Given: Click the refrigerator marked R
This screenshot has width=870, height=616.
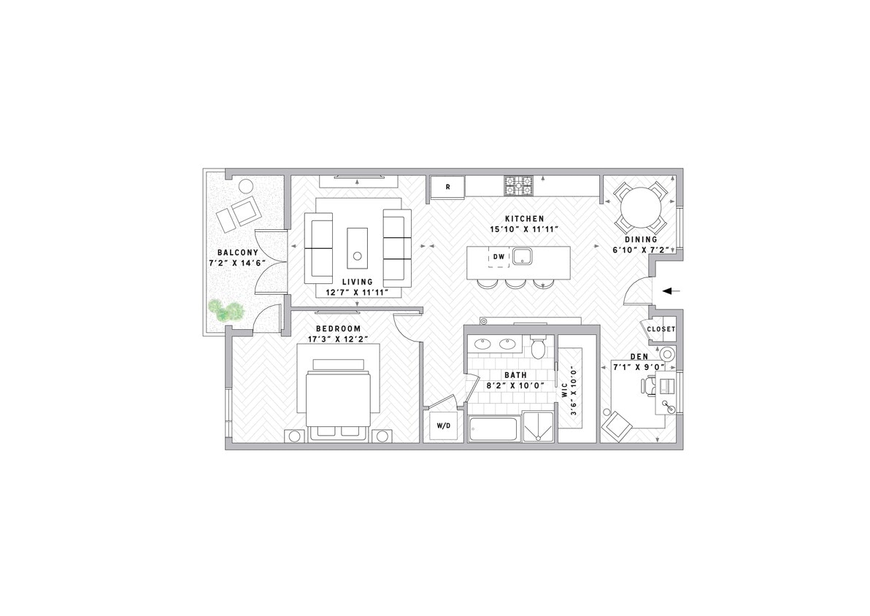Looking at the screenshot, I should (x=447, y=187).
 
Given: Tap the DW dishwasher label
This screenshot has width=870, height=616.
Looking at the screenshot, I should (x=498, y=256).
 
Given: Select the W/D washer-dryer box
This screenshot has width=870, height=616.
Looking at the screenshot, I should (x=443, y=425).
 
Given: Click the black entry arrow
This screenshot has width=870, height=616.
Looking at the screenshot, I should (x=671, y=290).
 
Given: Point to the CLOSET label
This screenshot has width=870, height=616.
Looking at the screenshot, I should (x=661, y=329).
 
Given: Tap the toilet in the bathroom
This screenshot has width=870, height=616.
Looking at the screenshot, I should (x=538, y=348).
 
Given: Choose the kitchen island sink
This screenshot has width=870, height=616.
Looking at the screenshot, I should (x=521, y=256).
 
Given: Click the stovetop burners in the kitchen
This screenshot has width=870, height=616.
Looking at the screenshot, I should (x=517, y=187).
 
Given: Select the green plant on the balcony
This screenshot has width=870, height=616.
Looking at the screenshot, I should (x=226, y=312).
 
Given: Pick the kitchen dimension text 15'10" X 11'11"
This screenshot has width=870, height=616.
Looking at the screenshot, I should (x=524, y=228).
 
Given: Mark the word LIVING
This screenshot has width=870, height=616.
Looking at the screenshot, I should (x=358, y=282).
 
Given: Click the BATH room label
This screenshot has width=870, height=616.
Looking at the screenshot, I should (x=515, y=375).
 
